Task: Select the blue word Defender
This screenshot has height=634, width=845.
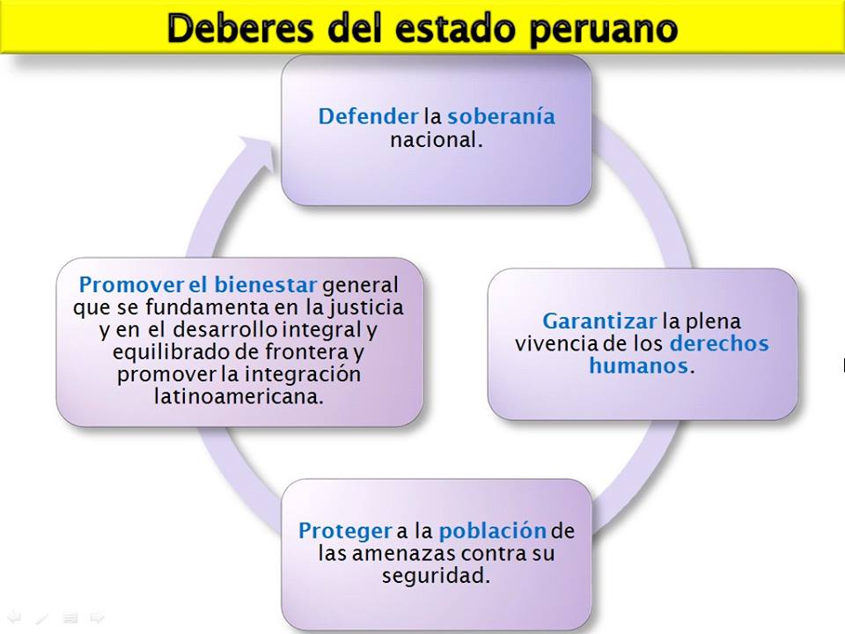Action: tap(368, 116)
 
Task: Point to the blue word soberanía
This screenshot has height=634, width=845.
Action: tap(501, 116)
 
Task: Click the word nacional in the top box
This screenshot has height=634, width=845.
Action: tap(436, 139)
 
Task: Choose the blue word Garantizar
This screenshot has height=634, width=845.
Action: tap(599, 321)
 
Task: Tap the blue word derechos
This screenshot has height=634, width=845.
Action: tap(718, 343)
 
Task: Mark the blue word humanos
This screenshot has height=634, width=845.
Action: tap(638, 365)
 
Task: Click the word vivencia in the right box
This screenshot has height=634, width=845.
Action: tap(555, 343)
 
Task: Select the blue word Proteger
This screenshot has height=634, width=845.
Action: tap(345, 531)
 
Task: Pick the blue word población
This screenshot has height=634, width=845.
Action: tap(492, 531)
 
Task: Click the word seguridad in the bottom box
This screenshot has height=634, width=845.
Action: tap(436, 577)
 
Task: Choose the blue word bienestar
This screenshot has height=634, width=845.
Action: tap(265, 285)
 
